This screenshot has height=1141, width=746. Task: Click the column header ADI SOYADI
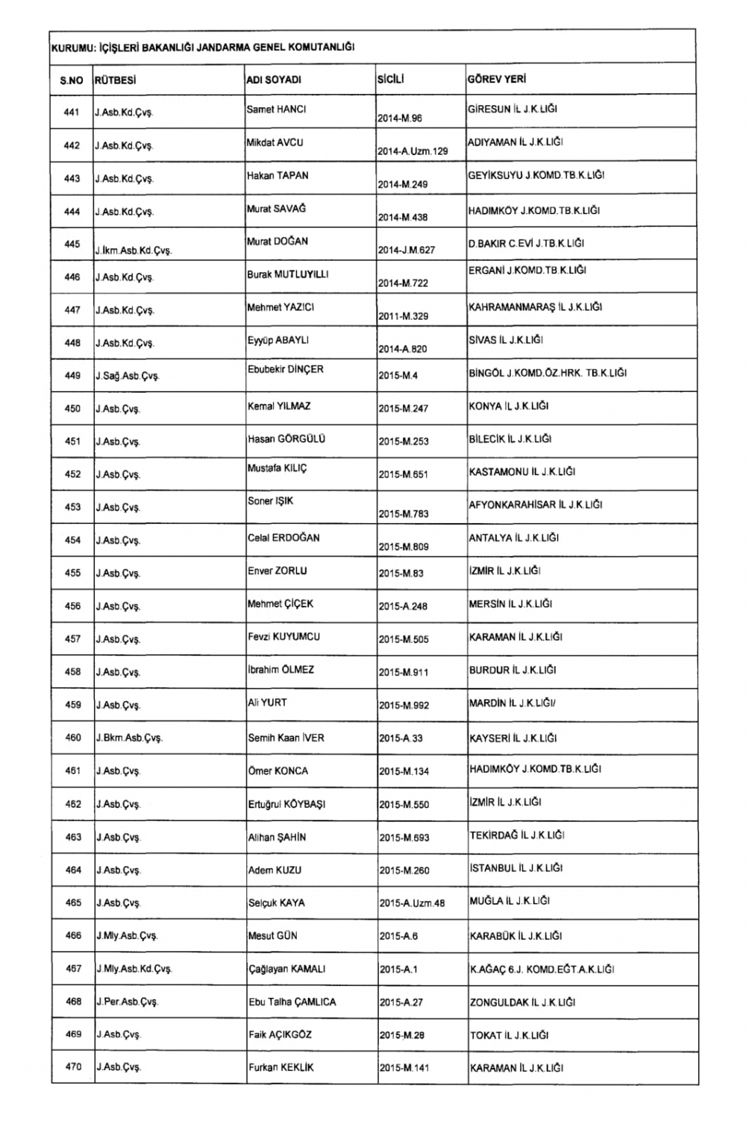(x=274, y=80)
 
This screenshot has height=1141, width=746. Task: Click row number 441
(x=72, y=113)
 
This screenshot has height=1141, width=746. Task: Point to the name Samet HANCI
(x=276, y=110)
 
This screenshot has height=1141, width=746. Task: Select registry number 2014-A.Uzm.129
(x=413, y=151)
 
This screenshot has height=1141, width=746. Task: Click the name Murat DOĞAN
(x=278, y=241)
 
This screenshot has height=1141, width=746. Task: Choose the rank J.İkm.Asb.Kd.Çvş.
(x=134, y=251)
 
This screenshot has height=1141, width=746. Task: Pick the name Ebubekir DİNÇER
(x=286, y=369)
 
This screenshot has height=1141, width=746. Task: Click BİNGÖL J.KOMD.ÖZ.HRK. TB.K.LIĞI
(x=548, y=373)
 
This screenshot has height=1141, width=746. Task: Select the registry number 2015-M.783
(x=404, y=513)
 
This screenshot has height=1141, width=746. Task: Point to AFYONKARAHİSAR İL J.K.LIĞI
(x=535, y=505)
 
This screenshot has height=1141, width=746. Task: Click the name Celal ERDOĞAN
(x=283, y=538)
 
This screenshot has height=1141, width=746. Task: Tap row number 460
(x=73, y=738)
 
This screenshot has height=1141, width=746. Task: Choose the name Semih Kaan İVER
(x=286, y=738)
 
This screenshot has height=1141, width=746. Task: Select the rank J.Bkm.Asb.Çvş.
(x=129, y=739)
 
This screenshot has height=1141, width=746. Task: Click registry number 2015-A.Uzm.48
(x=412, y=903)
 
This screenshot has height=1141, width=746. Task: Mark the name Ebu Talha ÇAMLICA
(x=292, y=1002)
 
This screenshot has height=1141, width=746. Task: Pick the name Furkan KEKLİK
(x=281, y=1068)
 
